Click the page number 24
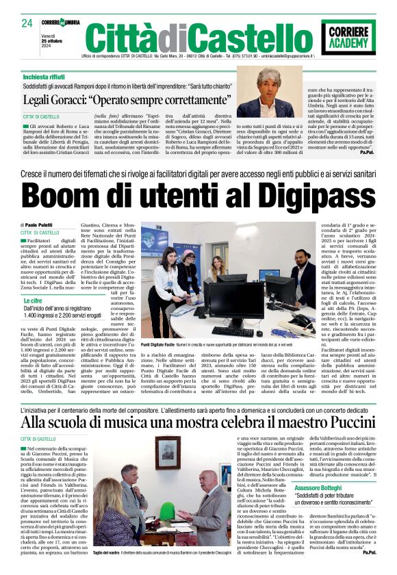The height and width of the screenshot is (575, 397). (27, 23)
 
